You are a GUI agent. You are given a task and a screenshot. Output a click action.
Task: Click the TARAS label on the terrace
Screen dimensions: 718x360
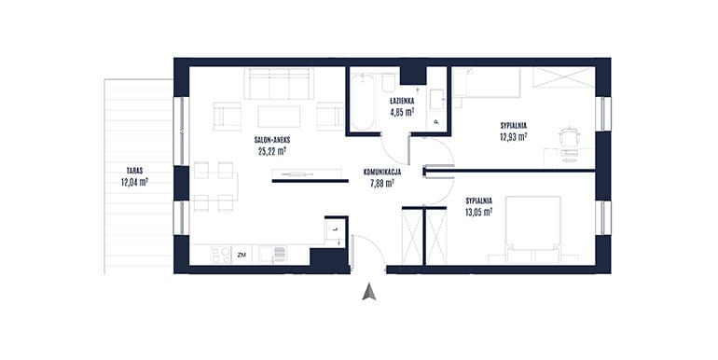136,171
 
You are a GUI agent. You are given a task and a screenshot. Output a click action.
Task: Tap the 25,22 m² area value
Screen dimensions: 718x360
272,151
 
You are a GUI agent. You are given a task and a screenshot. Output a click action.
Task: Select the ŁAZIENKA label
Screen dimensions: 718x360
402,101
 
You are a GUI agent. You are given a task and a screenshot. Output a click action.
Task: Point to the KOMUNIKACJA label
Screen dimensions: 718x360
382,173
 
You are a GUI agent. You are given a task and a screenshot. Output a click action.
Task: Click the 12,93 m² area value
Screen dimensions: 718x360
513,136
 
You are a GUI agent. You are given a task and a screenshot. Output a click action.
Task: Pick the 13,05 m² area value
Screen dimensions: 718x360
479,212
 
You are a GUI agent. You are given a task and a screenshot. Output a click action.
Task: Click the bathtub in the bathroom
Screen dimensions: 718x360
363,103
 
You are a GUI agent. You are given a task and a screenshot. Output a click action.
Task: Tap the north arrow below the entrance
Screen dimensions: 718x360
369,292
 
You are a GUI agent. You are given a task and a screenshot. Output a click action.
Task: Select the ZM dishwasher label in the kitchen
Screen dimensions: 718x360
242,256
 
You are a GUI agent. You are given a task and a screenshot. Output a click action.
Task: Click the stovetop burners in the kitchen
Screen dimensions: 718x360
221,255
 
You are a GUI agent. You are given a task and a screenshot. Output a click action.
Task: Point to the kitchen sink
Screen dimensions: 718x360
272,255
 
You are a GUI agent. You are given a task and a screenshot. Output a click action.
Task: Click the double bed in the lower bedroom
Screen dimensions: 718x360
532,229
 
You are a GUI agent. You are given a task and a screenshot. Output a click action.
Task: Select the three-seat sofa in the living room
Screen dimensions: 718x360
279,84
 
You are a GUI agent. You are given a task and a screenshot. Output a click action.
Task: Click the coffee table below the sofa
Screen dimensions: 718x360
279,117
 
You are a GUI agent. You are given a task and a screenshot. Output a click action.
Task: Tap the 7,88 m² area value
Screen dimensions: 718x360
382,184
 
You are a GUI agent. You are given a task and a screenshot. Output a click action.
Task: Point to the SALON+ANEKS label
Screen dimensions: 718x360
272,140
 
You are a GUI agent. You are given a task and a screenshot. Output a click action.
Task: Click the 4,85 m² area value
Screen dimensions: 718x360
402,111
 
